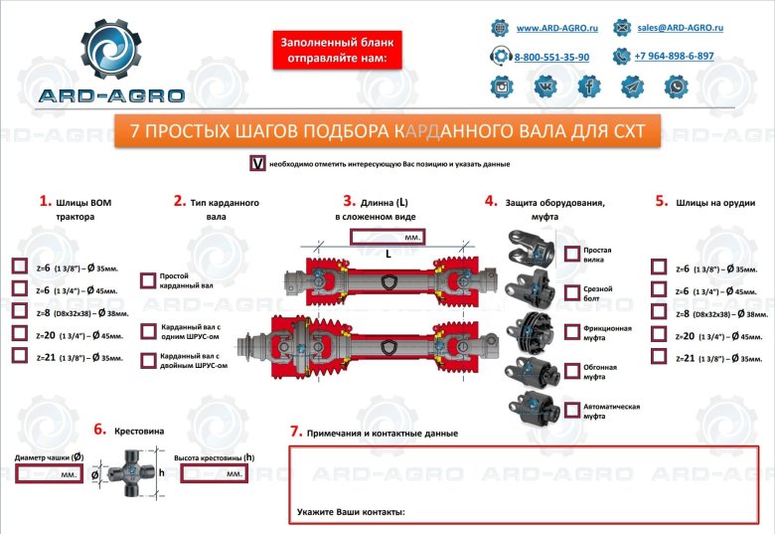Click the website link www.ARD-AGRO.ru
pyautogui.click(x=556, y=28)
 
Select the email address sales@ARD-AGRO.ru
pyautogui.click(x=680, y=28)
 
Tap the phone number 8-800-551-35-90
pyautogui.click(x=551, y=58)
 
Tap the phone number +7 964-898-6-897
pyautogui.click(x=674, y=57)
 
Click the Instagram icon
pyautogui.click(x=503, y=88)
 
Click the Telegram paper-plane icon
pyautogui.click(x=633, y=88)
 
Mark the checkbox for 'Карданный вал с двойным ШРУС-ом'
pyautogui.click(x=148, y=361)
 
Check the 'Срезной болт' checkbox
pyautogui.click(x=572, y=292)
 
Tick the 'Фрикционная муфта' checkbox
pyautogui.click(x=572, y=331)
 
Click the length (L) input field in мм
pyautogui.click(x=387, y=238)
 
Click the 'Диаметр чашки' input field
pyautogui.click(x=50, y=473)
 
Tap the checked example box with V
pyautogui.click(x=258, y=163)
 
